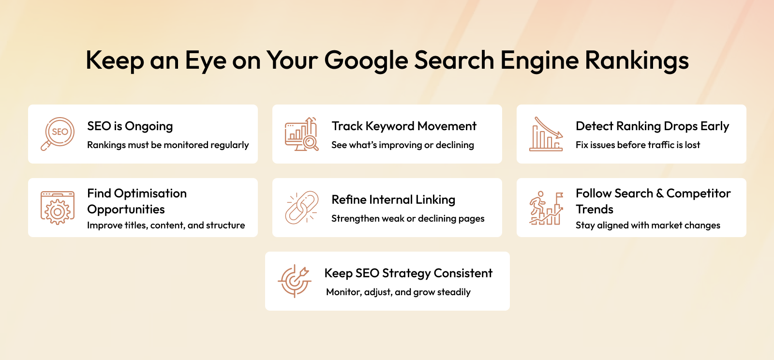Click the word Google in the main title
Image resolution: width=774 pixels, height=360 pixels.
[x=366, y=61]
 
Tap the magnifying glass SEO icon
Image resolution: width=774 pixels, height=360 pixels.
[x=58, y=134]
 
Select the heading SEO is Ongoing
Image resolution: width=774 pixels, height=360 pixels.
[x=130, y=126]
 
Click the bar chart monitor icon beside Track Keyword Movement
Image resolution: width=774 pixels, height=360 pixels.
[x=301, y=134]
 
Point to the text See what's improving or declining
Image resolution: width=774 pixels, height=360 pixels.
[x=402, y=145]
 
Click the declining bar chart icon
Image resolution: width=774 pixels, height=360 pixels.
[x=546, y=134]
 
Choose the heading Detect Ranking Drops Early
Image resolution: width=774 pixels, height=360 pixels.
[x=653, y=126]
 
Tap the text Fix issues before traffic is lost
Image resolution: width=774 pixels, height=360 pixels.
[x=638, y=145]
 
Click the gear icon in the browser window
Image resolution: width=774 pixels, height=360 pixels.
[x=58, y=211]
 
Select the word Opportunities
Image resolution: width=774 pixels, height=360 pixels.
[x=126, y=210]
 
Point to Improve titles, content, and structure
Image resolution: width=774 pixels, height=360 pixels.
[x=166, y=225]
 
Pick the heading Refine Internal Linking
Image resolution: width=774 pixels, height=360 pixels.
[x=393, y=200]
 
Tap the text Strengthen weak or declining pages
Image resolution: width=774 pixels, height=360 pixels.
[x=408, y=219]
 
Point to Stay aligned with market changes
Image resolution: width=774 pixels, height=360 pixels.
[x=648, y=225]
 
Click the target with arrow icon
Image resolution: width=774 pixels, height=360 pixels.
[x=295, y=281]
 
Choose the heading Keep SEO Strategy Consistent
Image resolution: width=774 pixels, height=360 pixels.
[x=408, y=273]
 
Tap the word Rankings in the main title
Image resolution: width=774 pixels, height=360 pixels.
[x=637, y=61]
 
